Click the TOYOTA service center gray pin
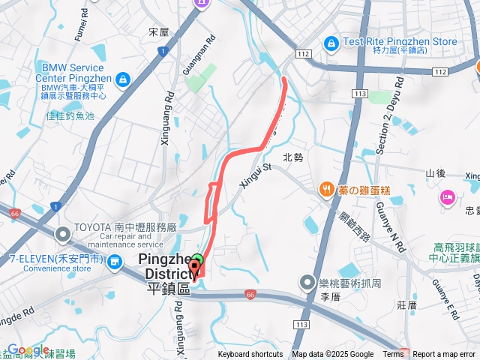point(63,235)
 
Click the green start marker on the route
point(196,262)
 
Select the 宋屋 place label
point(159,33)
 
